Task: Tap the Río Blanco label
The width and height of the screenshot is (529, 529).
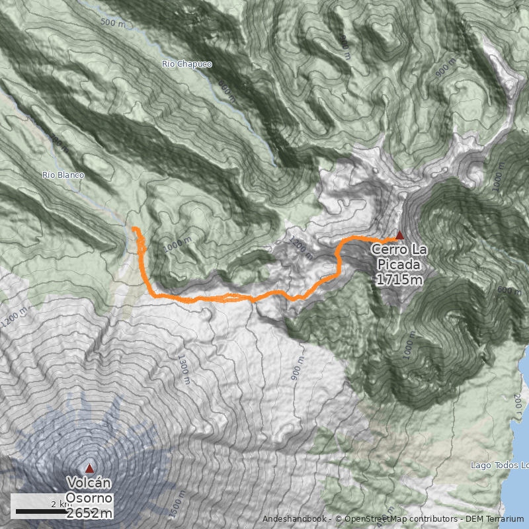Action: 63,175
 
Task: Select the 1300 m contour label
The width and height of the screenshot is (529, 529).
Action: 183,368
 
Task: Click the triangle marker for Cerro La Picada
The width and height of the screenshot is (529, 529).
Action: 399,235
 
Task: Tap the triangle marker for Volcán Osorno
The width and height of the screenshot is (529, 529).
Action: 89,468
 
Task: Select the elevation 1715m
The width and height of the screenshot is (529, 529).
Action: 399,279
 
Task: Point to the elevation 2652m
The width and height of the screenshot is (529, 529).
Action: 89,512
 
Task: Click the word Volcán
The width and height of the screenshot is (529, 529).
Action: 89,483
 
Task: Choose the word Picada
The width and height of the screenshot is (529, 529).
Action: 399,264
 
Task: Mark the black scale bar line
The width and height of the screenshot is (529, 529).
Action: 39,511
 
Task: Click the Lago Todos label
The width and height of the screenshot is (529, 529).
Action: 499,465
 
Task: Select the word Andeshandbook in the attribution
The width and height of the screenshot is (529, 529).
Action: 294,519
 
